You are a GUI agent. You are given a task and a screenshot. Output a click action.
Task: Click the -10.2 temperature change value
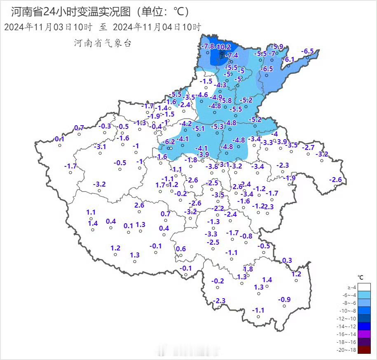coord(223,47)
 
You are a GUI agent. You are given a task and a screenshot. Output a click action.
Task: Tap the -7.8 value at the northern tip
coord(208,46)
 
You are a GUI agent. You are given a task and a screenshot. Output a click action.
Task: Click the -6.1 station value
coord(289,59)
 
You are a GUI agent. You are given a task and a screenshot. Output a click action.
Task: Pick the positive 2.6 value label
coord(139,205)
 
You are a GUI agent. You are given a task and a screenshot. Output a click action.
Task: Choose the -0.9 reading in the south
coord(285,299)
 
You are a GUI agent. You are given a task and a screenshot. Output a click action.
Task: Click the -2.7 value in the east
coord(308,147)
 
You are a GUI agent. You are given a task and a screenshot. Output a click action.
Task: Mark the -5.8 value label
coord(226,100)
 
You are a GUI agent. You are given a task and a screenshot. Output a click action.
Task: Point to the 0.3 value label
coord(287,260)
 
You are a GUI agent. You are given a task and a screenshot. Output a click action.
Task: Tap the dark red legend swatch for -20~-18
coord(364,350)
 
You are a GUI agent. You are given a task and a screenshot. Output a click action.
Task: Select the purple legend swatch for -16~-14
coord(364,334)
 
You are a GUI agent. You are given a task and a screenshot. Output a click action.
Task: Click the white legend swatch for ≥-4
coord(364,287)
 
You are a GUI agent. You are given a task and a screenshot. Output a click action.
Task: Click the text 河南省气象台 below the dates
coord(103,43)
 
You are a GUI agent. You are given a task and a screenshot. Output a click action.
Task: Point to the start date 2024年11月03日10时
coord(48,28)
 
